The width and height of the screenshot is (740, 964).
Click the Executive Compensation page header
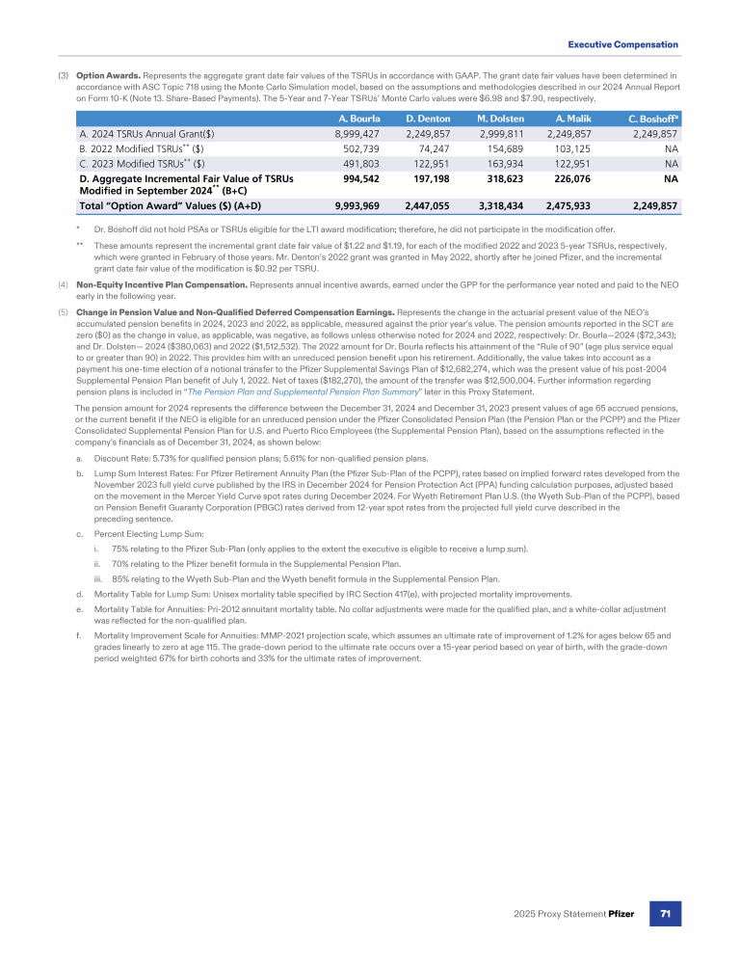pyautogui.click(x=622, y=44)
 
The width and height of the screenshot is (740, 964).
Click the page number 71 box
pyautogui.click(x=665, y=912)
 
